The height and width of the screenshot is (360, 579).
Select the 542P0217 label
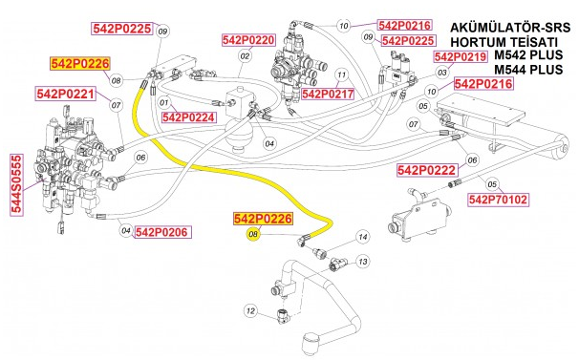tap(328, 94)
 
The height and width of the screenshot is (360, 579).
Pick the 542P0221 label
tap(65, 94)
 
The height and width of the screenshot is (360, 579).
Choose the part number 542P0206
tap(161, 231)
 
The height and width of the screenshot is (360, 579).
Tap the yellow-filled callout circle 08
tap(253, 234)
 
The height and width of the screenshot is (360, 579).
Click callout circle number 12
tap(250, 309)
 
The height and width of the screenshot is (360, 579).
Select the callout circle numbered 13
tap(363, 261)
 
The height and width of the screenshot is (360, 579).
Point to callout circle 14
tap(362, 236)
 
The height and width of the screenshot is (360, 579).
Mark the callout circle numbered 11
tap(341, 74)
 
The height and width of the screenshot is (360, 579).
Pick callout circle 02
tap(245, 56)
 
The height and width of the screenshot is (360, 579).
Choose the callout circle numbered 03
tap(441, 73)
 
